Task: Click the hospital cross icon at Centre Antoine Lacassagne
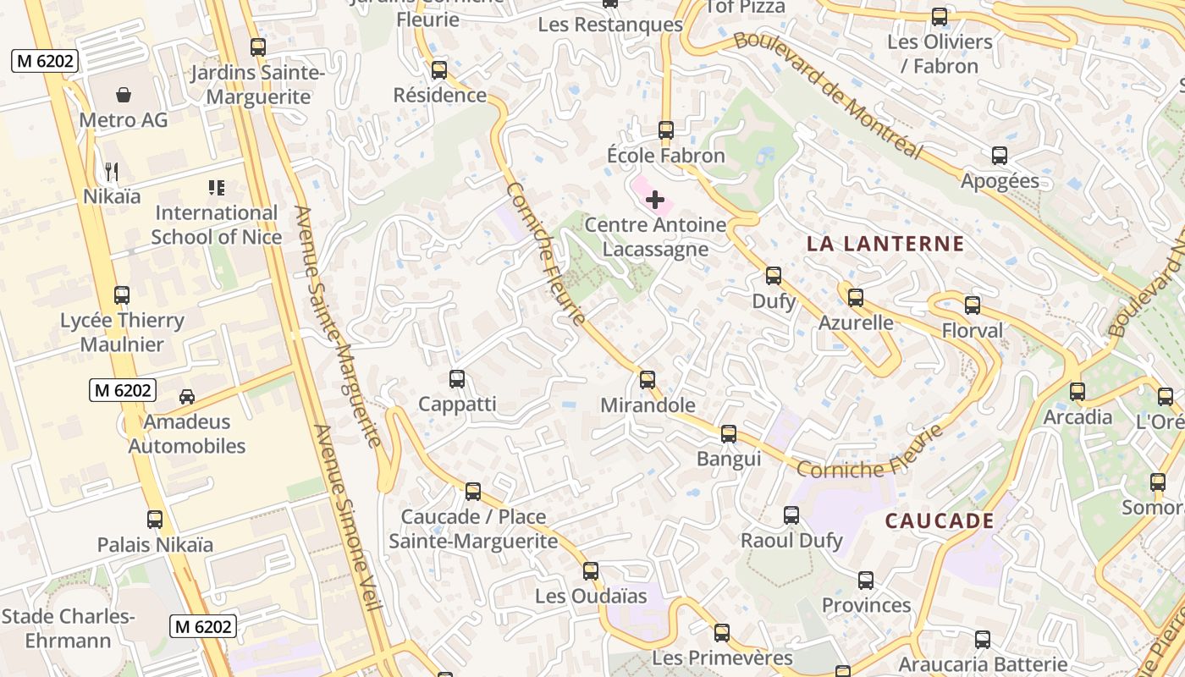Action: [x=655, y=200]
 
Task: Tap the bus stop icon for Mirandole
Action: [x=648, y=380]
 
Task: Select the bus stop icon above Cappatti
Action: [x=457, y=379]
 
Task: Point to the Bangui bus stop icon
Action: [x=729, y=434]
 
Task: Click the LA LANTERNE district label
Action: [x=885, y=244]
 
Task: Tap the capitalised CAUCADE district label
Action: [x=940, y=520]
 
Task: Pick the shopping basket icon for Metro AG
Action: [x=124, y=94]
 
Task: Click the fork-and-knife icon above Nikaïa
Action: [x=112, y=172]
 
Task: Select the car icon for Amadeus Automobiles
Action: [x=187, y=396]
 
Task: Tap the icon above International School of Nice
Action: [x=216, y=188]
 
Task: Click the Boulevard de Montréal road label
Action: [x=827, y=95]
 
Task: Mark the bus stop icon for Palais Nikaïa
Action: [x=155, y=520]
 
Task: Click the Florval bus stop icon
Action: [x=973, y=305]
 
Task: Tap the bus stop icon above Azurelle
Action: [x=856, y=298]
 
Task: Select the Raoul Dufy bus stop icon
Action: [x=791, y=515]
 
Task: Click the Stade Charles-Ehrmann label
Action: [x=68, y=628]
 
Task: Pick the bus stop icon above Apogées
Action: [x=1000, y=156]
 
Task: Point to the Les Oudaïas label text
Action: [x=591, y=596]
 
